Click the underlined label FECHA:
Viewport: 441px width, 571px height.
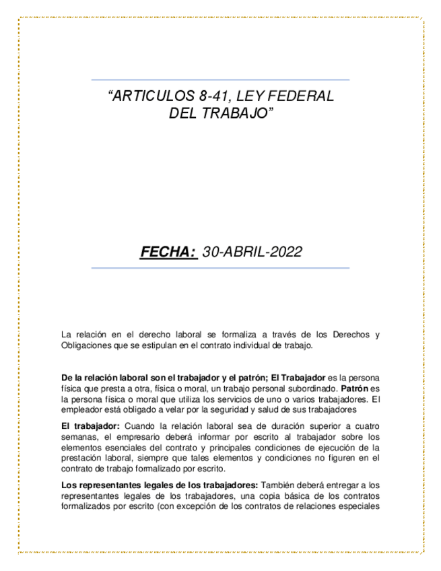coord(168,252)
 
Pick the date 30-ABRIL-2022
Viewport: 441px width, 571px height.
coord(252,252)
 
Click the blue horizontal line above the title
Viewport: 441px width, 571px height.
coord(220,80)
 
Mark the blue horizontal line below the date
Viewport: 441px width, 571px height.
coord(220,268)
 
